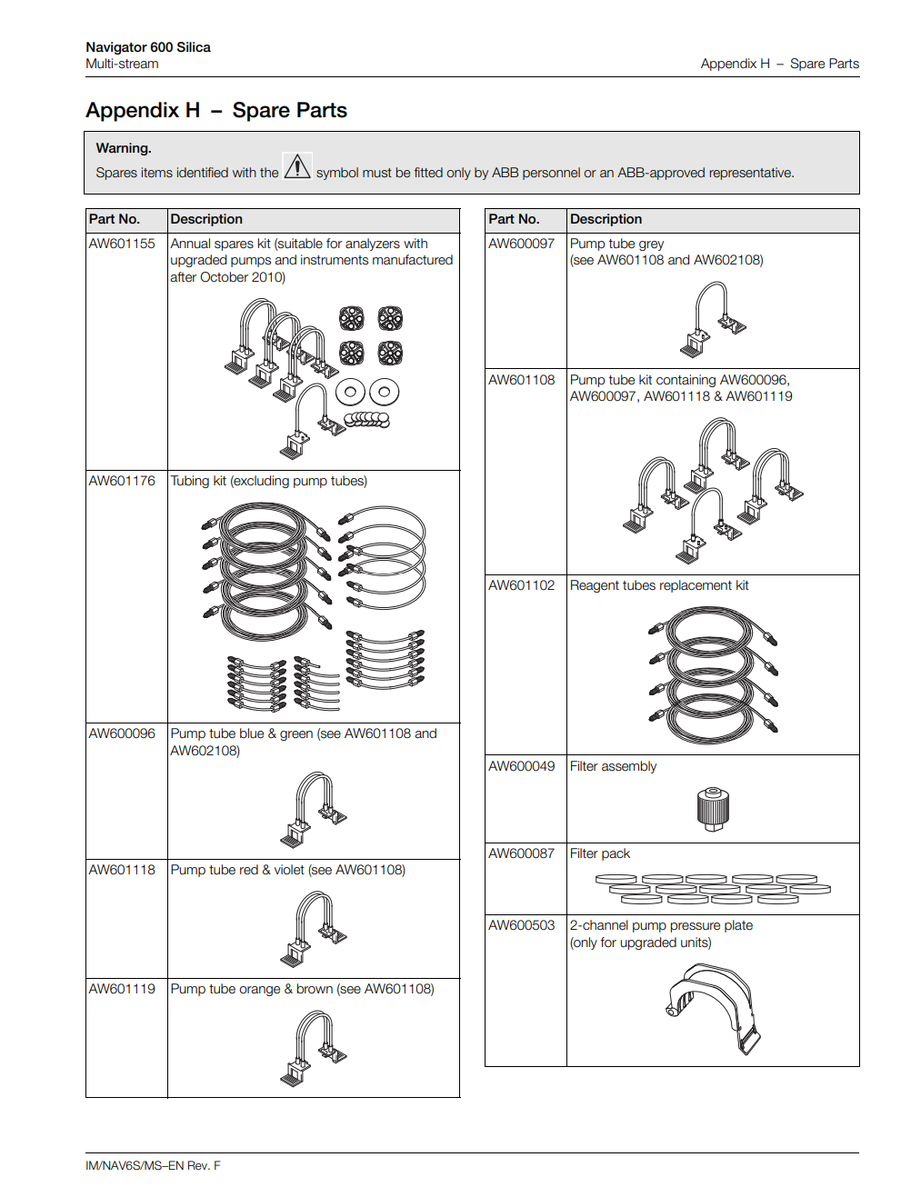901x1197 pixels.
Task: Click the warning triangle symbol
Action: click(297, 167)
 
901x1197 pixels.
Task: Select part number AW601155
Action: click(122, 244)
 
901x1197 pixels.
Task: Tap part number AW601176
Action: click(122, 481)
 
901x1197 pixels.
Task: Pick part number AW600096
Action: click(122, 733)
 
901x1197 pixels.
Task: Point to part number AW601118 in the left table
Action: click(122, 870)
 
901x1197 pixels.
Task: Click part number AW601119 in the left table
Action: click(122, 989)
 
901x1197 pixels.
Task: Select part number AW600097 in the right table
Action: click(521, 244)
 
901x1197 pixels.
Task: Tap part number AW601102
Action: click(521, 585)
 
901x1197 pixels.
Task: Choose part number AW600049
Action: click(521, 766)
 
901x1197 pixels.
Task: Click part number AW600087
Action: click(521, 853)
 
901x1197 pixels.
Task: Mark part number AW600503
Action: click(521, 925)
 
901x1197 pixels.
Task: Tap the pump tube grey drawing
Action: click(714, 319)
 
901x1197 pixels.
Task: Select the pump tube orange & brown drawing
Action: click(314, 1050)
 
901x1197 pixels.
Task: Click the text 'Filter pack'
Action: click(600, 853)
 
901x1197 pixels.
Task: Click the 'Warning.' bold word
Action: click(124, 148)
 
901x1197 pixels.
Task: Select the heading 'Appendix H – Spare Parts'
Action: click(216, 111)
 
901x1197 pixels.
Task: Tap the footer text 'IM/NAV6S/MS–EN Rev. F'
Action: click(153, 1166)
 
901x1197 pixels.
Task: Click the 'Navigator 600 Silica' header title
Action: click(148, 47)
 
